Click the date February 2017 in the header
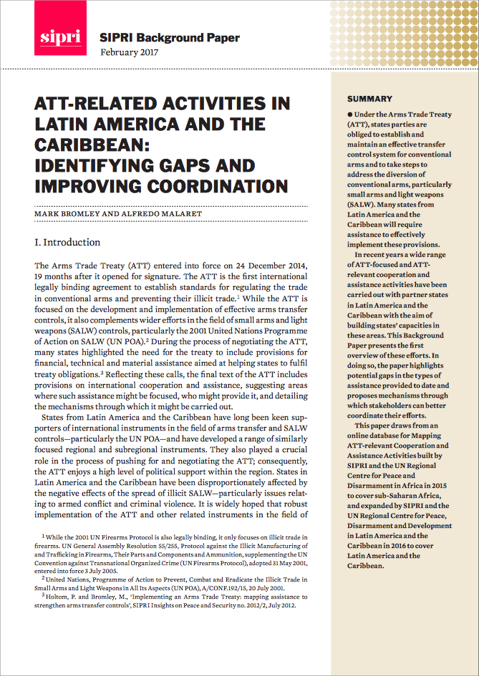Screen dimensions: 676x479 [130, 52]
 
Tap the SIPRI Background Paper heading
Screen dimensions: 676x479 [170, 38]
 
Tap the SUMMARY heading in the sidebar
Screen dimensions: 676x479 [369, 99]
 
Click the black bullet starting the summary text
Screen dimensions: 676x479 [349, 114]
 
